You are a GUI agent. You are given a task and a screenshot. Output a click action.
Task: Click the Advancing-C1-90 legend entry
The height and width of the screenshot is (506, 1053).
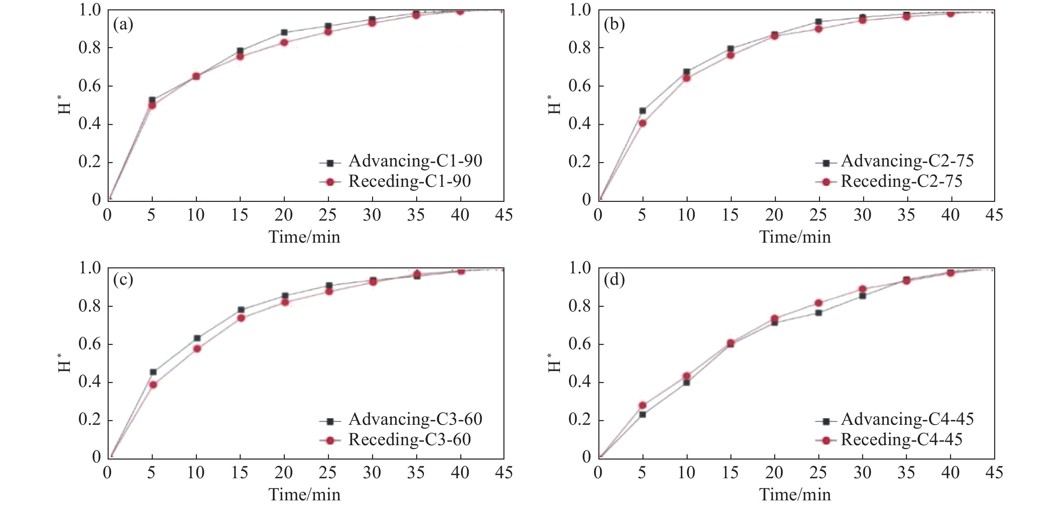(415, 161)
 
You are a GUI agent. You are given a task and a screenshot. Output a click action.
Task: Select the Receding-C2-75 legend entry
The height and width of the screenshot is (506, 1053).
(901, 181)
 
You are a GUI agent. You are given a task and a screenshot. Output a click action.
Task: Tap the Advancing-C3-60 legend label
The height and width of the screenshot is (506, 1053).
(415, 419)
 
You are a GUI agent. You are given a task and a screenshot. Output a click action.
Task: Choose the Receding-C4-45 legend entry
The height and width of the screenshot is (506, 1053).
(901, 439)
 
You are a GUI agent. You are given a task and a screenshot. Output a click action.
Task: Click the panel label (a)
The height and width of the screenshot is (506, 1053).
(123, 25)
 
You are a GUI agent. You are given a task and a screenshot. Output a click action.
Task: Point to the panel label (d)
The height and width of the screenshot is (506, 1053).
(614, 280)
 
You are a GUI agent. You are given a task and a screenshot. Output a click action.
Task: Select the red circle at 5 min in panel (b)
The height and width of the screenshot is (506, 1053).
(642, 123)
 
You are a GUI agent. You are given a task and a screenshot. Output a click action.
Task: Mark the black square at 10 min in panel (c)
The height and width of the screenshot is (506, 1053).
(197, 338)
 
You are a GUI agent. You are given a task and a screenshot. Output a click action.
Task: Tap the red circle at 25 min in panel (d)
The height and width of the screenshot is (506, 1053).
(818, 303)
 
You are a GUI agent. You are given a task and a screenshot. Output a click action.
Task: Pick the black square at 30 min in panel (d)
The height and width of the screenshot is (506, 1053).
(862, 295)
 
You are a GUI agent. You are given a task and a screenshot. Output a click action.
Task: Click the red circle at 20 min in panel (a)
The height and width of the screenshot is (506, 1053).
(284, 42)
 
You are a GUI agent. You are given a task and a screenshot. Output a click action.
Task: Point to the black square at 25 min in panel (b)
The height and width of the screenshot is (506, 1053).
(818, 22)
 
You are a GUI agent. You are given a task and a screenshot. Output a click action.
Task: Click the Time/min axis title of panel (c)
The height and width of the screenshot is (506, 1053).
(305, 495)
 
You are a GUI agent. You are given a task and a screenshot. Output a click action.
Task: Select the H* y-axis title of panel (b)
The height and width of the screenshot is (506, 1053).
(554, 105)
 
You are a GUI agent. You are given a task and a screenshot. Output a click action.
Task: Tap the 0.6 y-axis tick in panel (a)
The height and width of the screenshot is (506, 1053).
(90, 86)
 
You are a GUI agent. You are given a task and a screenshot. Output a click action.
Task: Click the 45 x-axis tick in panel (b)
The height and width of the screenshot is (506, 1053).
(994, 215)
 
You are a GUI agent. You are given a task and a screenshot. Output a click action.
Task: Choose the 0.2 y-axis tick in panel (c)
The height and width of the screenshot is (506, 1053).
(90, 420)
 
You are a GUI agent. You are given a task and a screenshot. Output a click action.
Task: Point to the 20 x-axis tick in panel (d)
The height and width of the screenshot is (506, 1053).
(774, 473)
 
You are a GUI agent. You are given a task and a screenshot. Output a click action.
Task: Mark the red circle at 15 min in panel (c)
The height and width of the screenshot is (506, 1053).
(241, 318)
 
